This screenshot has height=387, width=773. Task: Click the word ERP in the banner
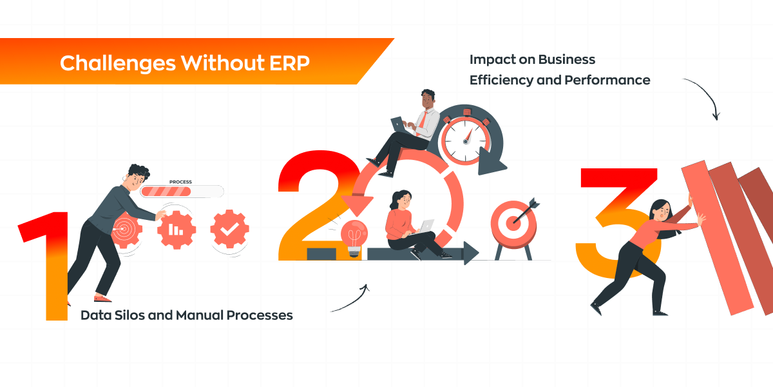(289, 63)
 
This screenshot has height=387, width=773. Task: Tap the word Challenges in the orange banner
(118, 64)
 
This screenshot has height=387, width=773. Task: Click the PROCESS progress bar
(182, 192)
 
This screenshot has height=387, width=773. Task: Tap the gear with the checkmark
(229, 228)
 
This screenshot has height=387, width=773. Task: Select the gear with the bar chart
(177, 230)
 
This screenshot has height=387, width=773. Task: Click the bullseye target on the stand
(513, 224)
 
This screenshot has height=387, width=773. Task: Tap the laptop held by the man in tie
(398, 124)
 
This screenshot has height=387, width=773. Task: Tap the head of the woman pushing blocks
(661, 210)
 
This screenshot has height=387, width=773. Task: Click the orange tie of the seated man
(422, 124)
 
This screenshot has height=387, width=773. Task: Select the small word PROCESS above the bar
(180, 182)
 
